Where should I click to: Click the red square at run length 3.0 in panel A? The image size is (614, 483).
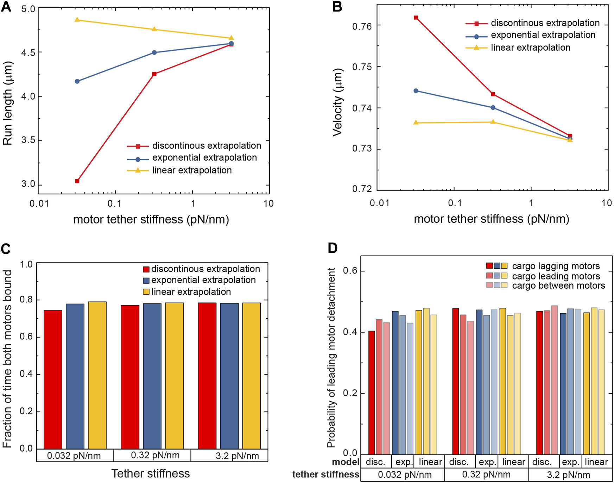tap(77, 181)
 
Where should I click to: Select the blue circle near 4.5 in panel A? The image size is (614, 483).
tap(154, 52)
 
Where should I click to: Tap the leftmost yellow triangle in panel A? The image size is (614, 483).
tap(77, 20)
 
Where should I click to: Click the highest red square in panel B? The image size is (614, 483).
tap(416, 18)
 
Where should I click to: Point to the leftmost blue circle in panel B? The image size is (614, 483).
tap(416, 91)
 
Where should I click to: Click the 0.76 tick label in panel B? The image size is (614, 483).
tap(362, 26)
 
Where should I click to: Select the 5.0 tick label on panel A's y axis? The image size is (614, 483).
tap(28, 9)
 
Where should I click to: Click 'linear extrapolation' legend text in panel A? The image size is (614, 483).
tap(192, 170)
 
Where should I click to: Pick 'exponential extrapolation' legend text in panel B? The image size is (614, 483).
tap(543, 35)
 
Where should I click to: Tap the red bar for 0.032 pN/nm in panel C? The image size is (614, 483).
tap(53, 379)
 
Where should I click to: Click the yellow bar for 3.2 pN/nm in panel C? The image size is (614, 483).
tap(252, 376)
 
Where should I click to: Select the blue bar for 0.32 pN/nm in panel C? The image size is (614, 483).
tap(152, 376)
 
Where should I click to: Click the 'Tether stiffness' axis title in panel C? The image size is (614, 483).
tap(151, 473)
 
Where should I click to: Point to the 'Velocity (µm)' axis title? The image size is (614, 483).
tap(338, 102)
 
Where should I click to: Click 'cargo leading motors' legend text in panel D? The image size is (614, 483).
tap(556, 276)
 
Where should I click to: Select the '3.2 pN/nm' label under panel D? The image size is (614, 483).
tap(568, 475)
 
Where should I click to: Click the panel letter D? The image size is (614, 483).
tap(333, 248)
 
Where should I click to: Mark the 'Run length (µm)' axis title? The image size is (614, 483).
tap(8, 103)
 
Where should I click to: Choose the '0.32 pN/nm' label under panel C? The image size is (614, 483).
tap(155, 455)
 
